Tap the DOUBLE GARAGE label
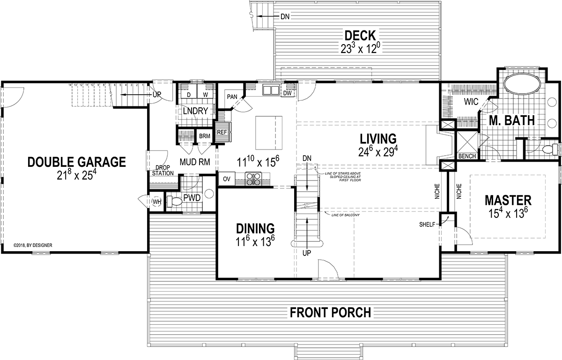pos(76,162)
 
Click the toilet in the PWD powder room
pos(175,201)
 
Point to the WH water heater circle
pos(156,202)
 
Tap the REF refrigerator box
pos(222,133)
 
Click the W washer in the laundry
pos(205,94)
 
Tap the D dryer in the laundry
pos(188,94)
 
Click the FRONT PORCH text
pos(330,312)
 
